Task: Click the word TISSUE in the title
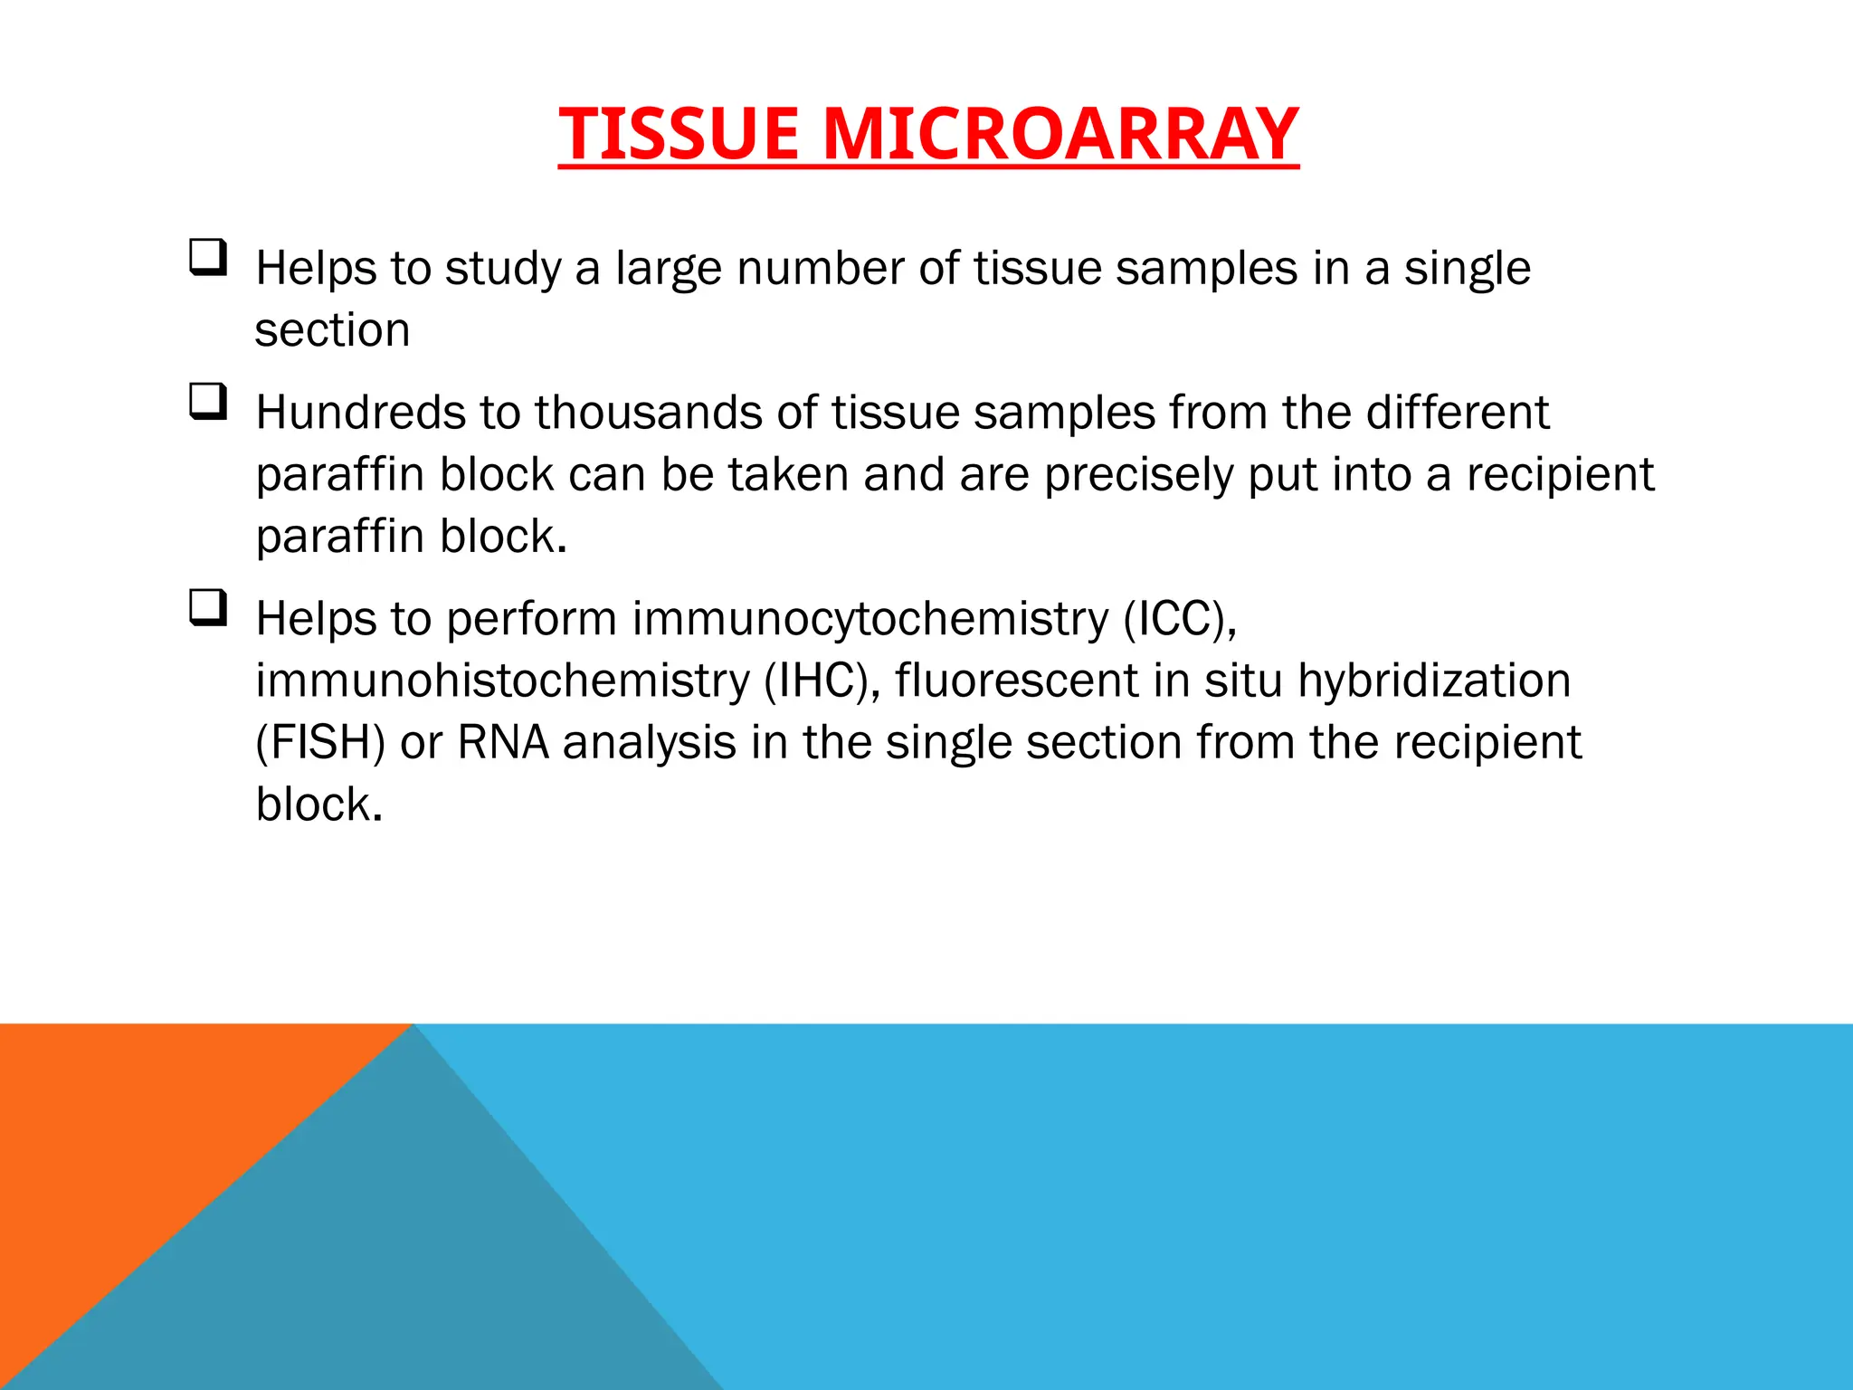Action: (679, 134)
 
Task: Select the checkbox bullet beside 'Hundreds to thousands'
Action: (207, 401)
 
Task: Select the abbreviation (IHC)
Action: (822, 681)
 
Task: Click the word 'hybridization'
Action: (1434, 681)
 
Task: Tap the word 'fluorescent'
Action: (1017, 681)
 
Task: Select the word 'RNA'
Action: (503, 743)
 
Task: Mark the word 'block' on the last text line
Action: (313, 804)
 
